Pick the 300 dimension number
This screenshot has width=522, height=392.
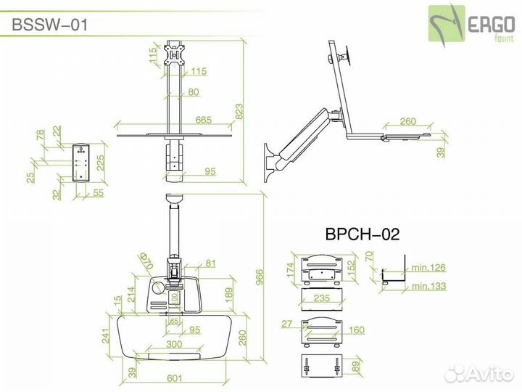point(173,344)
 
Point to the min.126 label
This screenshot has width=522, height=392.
point(428,268)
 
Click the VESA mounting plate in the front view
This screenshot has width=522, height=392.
point(174,54)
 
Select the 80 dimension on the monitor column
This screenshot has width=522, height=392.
point(194,92)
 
